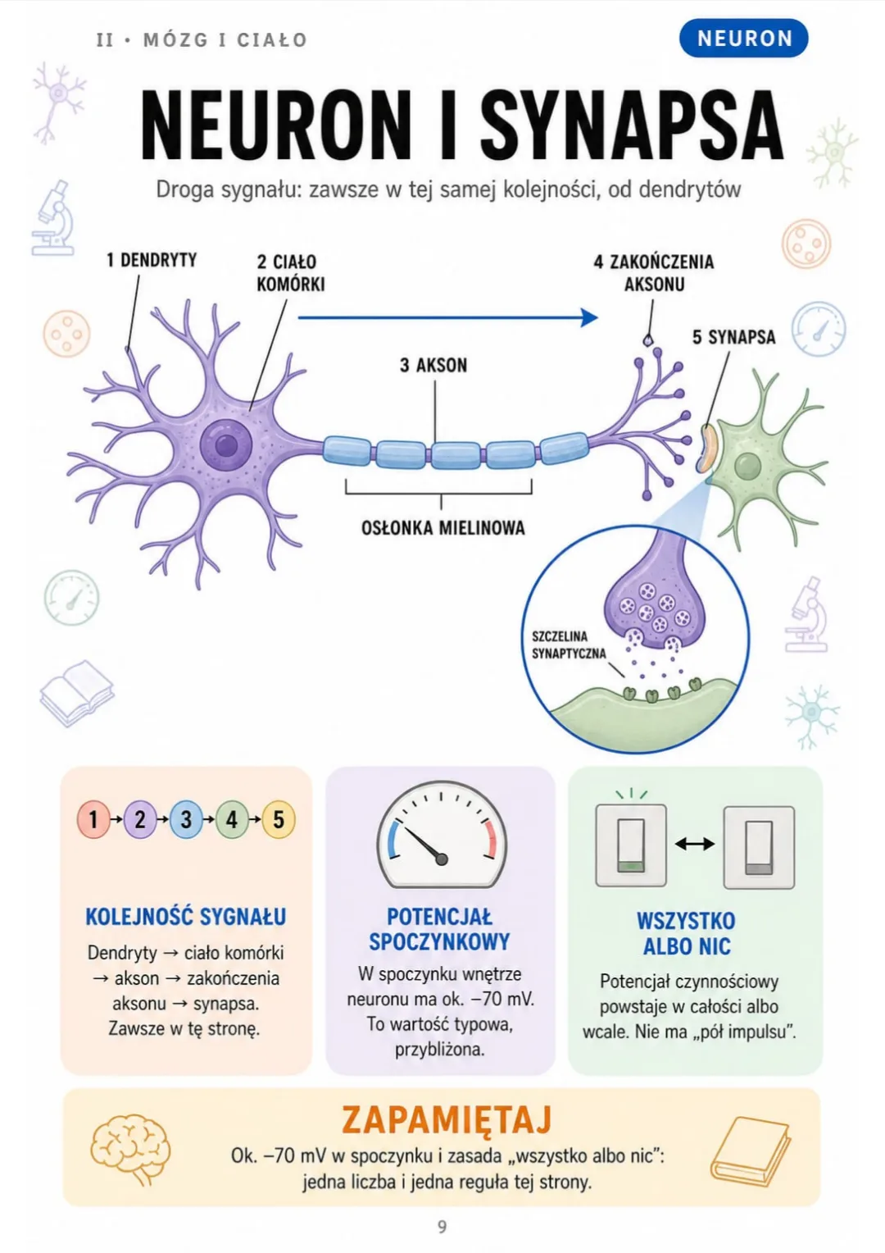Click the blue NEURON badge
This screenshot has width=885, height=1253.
point(743,39)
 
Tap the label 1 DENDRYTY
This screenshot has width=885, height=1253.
point(152,260)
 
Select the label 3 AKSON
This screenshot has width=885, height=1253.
point(433,365)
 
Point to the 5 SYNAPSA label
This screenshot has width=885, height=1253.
point(733,337)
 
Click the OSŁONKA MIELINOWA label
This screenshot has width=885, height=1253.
point(442,528)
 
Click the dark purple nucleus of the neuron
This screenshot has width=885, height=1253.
point(226,445)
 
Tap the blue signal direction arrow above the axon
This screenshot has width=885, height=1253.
point(447,317)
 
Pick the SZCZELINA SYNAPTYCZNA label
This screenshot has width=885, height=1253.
point(569,645)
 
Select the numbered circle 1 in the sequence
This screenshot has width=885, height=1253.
point(93,819)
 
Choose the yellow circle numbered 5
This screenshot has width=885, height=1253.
point(279,819)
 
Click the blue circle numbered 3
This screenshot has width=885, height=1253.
point(186,819)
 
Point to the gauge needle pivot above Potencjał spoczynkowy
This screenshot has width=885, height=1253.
point(441,859)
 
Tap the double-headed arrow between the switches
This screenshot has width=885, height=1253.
point(694,844)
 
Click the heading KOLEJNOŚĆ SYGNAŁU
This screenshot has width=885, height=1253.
point(186,917)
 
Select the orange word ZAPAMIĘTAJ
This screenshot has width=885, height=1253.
point(446,1119)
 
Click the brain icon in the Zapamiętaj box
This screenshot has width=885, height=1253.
point(130,1149)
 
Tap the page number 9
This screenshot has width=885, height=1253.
point(442,1226)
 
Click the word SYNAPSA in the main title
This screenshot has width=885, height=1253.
point(631,125)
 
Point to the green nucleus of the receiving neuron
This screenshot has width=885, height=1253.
point(747,466)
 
